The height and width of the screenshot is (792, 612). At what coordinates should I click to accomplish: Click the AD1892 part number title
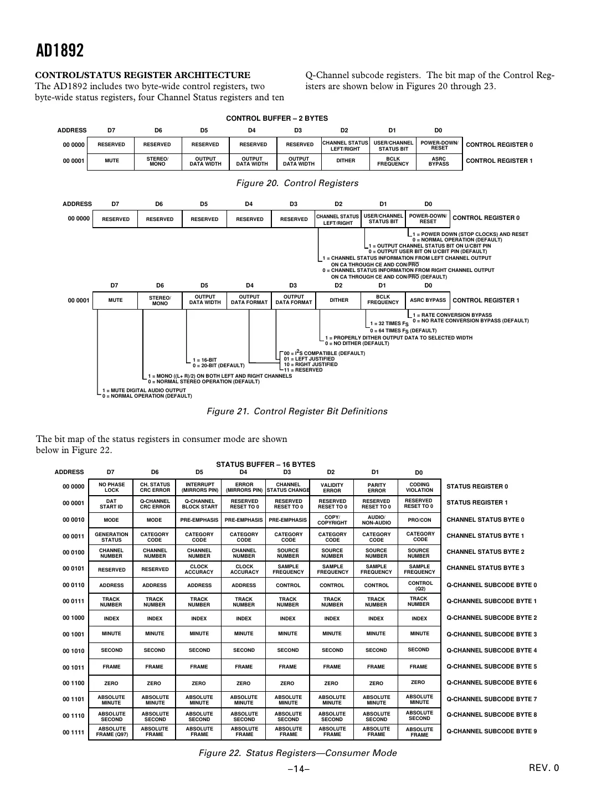click(60, 51)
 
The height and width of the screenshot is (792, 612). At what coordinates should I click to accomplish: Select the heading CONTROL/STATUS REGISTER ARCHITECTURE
click(143, 75)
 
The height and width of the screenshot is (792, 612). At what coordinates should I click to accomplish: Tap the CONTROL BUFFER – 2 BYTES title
click(277, 119)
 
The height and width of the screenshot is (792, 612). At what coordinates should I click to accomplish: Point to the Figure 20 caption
click(297, 183)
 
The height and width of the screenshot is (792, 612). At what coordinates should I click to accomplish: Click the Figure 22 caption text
click(297, 753)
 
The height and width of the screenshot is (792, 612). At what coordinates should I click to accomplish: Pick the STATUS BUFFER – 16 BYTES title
click(265, 465)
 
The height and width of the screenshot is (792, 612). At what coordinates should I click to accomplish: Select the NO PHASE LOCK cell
click(111, 487)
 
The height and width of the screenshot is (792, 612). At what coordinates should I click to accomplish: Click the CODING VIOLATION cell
click(419, 487)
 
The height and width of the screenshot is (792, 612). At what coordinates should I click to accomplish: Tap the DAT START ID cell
click(111, 503)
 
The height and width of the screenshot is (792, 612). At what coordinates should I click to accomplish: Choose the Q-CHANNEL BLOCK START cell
click(199, 503)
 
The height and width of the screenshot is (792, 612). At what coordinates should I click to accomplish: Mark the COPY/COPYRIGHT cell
click(332, 520)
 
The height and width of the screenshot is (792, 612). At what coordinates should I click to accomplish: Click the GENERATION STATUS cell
click(111, 537)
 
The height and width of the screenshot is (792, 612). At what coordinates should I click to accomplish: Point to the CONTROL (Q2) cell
click(420, 585)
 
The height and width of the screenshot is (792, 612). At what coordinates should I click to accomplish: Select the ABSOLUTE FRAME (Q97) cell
click(111, 732)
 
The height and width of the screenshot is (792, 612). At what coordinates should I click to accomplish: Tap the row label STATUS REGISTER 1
click(477, 503)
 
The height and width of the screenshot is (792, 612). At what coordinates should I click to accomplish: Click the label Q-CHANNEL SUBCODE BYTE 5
click(491, 667)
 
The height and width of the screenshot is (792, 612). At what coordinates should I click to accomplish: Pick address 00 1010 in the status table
click(74, 651)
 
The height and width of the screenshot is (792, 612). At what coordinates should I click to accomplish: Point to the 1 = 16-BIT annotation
click(204, 360)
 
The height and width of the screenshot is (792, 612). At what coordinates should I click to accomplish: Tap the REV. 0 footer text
click(544, 768)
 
